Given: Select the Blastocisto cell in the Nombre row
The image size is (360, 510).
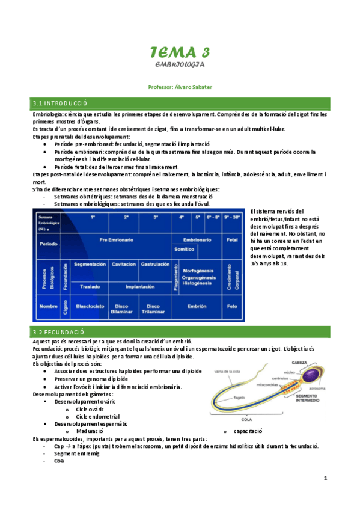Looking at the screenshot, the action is coord(90,306).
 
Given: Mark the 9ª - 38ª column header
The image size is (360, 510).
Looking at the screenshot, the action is coord(233,216).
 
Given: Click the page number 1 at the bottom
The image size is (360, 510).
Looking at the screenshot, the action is coord(325,478).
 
